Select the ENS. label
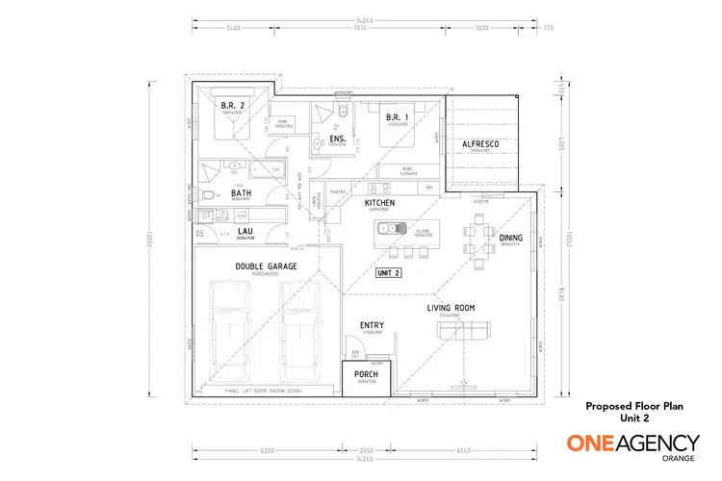(337, 139)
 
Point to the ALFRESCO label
(479, 143)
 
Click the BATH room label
(241, 192)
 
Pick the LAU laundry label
(245, 231)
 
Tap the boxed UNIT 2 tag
(388, 273)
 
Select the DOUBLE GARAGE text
(266, 266)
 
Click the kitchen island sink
(390, 229)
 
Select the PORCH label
(365, 374)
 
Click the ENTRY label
(372, 326)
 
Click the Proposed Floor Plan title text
(634, 406)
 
